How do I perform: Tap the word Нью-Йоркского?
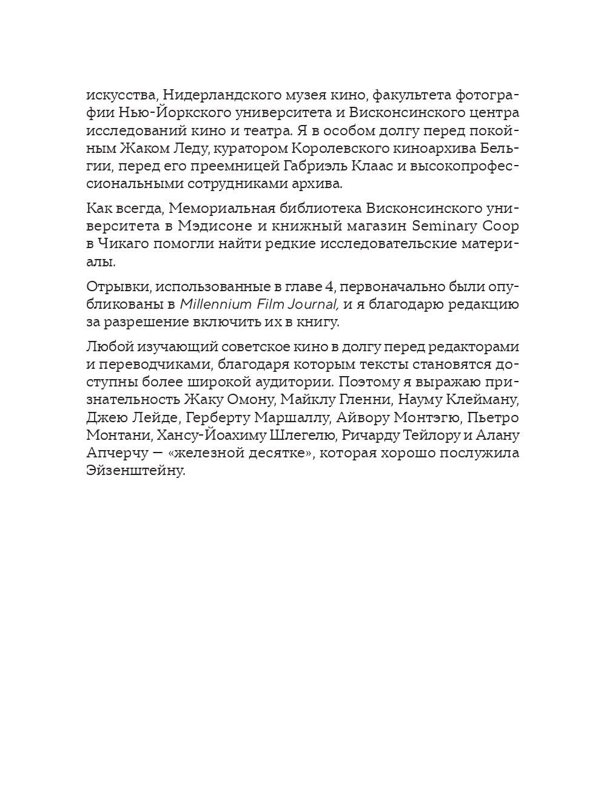click(x=158, y=113)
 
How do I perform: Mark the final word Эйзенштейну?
click(x=135, y=471)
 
